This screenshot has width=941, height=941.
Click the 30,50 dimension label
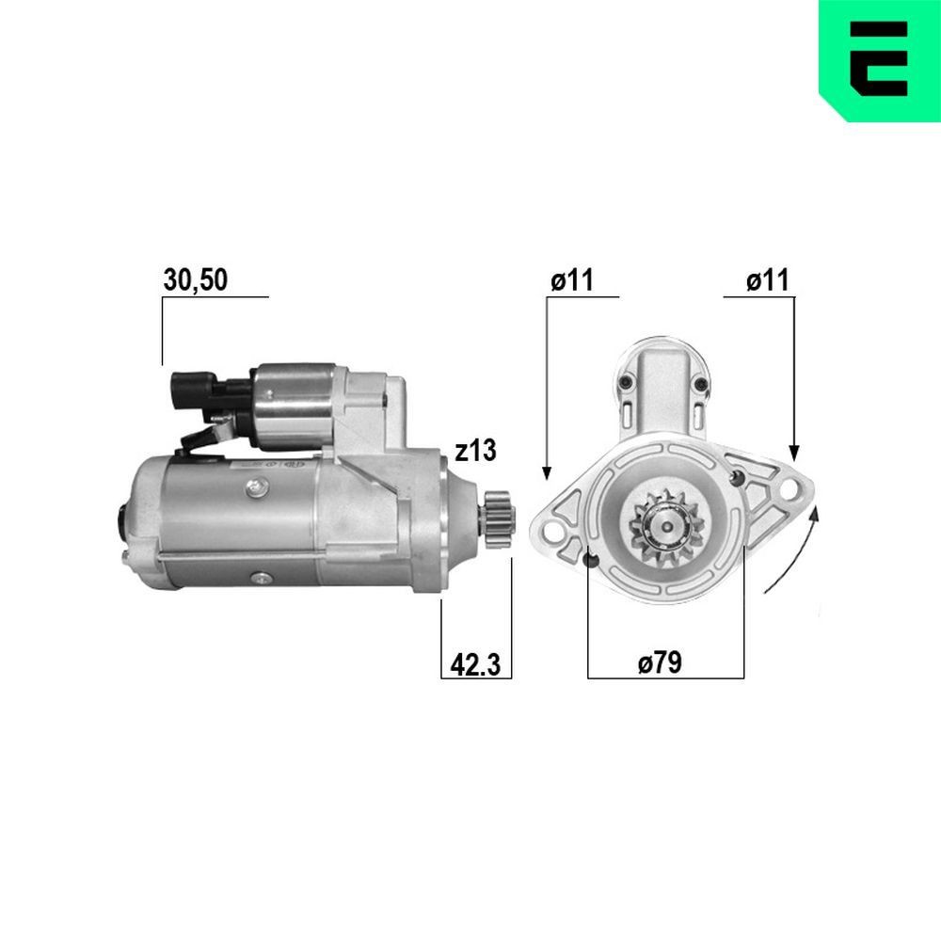(196, 279)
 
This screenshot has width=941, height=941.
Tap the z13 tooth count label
(474, 452)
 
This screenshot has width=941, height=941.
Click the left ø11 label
(572, 279)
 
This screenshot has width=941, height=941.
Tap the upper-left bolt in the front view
(626, 382)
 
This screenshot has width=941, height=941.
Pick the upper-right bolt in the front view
(700, 382)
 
